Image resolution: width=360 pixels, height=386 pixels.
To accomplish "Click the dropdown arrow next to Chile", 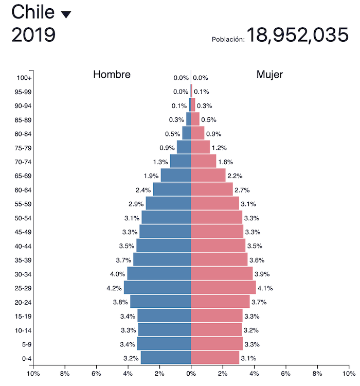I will click(66, 14).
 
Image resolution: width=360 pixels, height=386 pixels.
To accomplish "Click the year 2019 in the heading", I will click(33, 35).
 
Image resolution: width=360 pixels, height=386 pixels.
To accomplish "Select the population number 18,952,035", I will click(298, 35).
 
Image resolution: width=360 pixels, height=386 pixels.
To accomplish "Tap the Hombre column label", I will click(112, 75).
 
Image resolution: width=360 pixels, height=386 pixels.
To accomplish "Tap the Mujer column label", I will click(269, 75).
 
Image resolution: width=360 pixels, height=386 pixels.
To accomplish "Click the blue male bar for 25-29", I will click(157, 288).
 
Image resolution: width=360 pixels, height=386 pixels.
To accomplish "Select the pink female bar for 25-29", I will click(223, 288).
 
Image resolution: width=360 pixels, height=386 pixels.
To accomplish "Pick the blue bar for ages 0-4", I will click(166, 358).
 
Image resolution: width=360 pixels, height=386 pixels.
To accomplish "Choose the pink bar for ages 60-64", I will click(211, 189).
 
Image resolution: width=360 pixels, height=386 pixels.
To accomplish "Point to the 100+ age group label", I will click(24, 78).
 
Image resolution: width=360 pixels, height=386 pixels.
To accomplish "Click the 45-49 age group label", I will click(23, 232).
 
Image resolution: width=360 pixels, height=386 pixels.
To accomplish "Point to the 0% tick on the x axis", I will click(191, 374).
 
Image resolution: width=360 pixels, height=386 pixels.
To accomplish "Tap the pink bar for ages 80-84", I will click(197, 133).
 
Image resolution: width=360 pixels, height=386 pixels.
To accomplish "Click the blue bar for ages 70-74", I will click(181, 162).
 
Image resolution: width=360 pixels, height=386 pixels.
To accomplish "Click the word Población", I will click(228, 39).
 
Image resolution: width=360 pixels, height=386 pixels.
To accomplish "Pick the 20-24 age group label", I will click(23, 302).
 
